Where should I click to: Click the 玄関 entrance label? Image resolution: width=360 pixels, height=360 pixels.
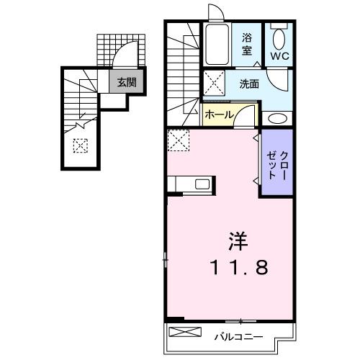(x=126, y=82)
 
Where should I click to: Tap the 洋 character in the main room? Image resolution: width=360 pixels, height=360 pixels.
(x=240, y=239)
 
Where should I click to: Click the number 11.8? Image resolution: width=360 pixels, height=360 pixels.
(x=240, y=268)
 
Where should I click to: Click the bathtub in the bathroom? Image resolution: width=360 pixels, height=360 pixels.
(x=215, y=45)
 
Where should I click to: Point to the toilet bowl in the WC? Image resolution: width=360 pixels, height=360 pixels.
(x=279, y=37)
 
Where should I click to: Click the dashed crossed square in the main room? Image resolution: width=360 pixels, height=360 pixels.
(x=178, y=140)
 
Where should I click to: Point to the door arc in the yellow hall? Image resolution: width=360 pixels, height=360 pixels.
(x=247, y=113)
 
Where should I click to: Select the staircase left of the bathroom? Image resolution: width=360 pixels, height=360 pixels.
(x=184, y=68)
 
